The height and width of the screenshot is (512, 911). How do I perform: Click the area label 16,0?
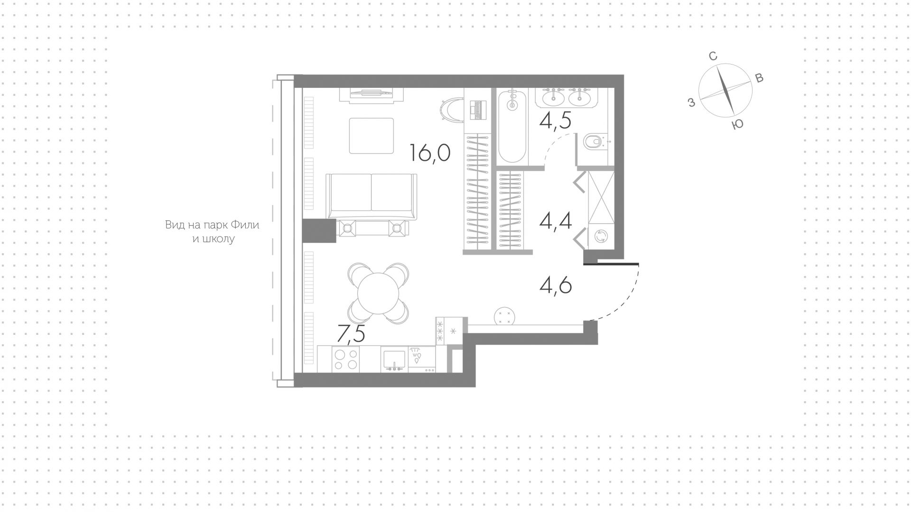click(x=430, y=153)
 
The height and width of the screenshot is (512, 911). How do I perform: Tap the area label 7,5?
click(x=351, y=334)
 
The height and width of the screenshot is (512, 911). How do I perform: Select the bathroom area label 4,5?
click(x=555, y=121)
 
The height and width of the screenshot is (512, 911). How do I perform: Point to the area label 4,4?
click(x=556, y=221)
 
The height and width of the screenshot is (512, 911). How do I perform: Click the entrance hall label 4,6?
click(x=556, y=285)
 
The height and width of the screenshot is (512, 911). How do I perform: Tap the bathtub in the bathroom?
click(x=512, y=127)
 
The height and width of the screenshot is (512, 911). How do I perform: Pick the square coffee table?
click(x=372, y=136)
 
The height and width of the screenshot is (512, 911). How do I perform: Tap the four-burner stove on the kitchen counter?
click(x=345, y=359)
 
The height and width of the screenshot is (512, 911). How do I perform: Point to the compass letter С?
click(x=713, y=57)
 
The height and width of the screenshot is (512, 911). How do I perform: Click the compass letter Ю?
click(x=737, y=124)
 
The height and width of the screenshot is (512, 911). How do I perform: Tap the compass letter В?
click(x=759, y=78)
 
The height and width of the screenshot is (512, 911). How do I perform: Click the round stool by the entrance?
click(x=504, y=316)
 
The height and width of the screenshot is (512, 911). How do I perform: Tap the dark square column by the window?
click(x=319, y=231)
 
